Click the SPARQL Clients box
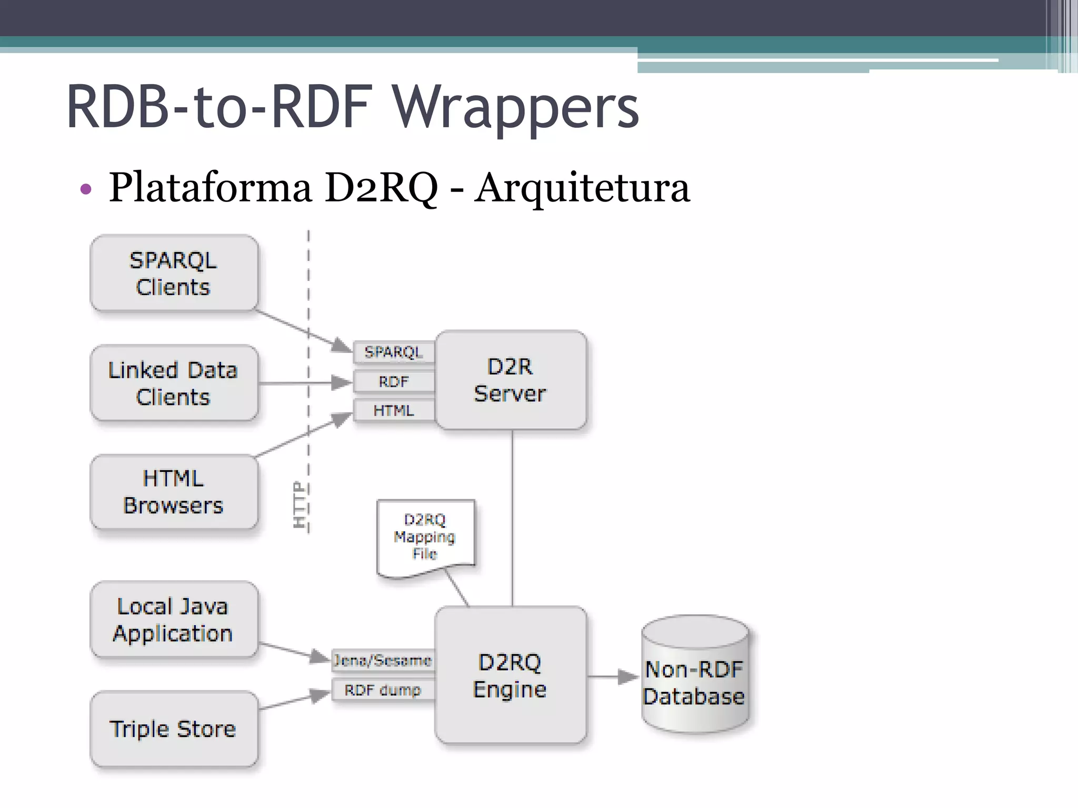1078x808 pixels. click(x=174, y=273)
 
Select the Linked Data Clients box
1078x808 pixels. click(x=174, y=383)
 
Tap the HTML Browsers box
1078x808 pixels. click(x=174, y=492)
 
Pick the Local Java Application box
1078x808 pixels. click(x=174, y=620)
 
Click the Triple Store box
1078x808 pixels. click(x=174, y=729)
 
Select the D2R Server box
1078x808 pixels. click(x=511, y=380)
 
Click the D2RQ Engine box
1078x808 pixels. click(x=511, y=675)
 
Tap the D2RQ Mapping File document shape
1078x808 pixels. click(x=425, y=537)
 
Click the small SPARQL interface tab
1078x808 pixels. click(x=394, y=352)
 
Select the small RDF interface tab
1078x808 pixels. click(x=394, y=381)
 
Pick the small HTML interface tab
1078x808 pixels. click(x=394, y=410)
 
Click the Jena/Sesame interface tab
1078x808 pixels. click(x=383, y=660)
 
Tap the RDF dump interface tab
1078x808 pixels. click(x=383, y=690)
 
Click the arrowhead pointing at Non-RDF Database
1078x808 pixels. click(x=628, y=676)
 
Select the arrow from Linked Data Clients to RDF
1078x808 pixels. click(x=300, y=383)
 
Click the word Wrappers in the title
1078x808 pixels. click(x=516, y=108)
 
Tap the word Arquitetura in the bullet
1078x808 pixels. click(x=582, y=188)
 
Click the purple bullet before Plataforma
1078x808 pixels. click(x=86, y=189)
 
